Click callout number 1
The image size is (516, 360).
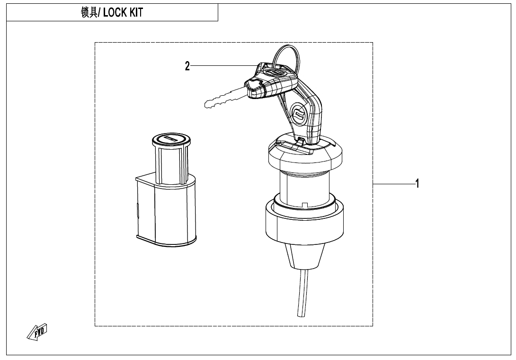point(417,184)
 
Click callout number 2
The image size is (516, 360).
point(187,66)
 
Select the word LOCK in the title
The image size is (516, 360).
point(114,13)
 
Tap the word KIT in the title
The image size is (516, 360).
point(135,13)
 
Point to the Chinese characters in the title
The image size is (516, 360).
point(89,13)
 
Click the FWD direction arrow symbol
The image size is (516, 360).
point(38,333)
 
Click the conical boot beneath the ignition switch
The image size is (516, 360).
point(304,256)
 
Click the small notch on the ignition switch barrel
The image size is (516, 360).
point(306,205)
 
